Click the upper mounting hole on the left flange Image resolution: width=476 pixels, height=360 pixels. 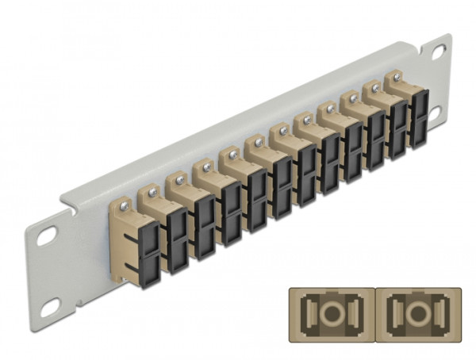click(47, 236)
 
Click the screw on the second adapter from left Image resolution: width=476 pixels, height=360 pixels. click(151, 191)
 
